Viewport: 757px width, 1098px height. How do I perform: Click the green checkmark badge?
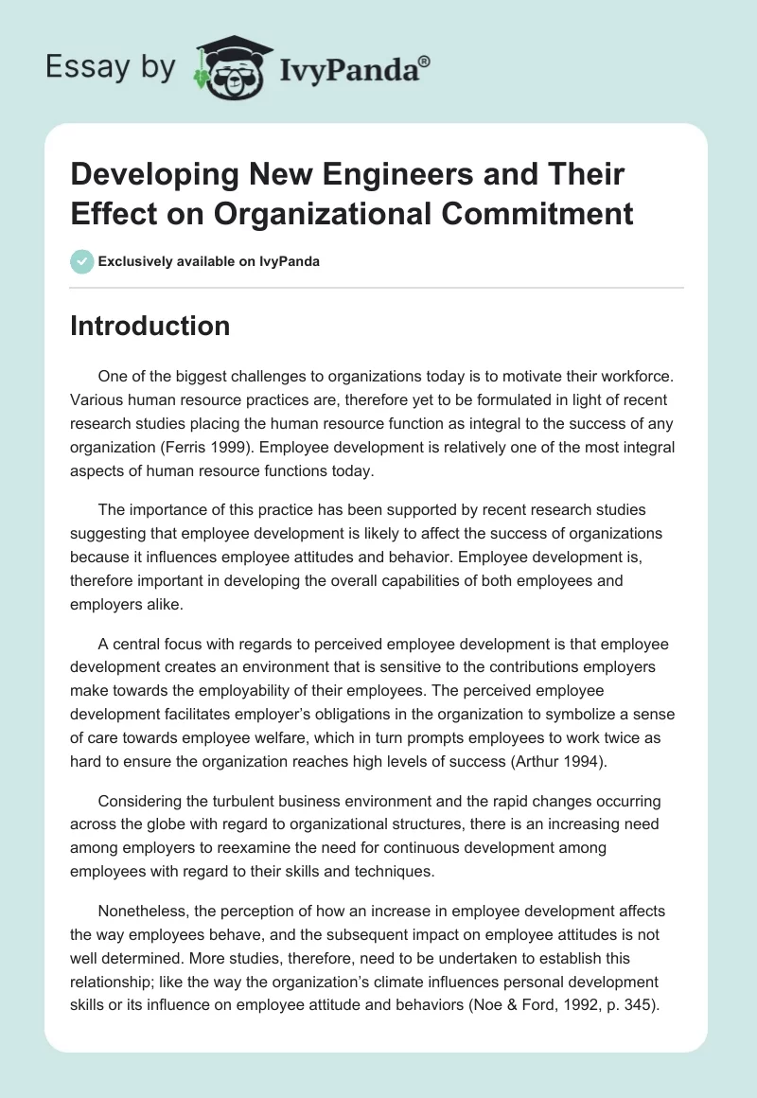tap(81, 261)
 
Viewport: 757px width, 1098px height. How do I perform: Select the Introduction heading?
tap(150, 326)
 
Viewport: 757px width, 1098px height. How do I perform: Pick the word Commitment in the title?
tap(543, 213)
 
